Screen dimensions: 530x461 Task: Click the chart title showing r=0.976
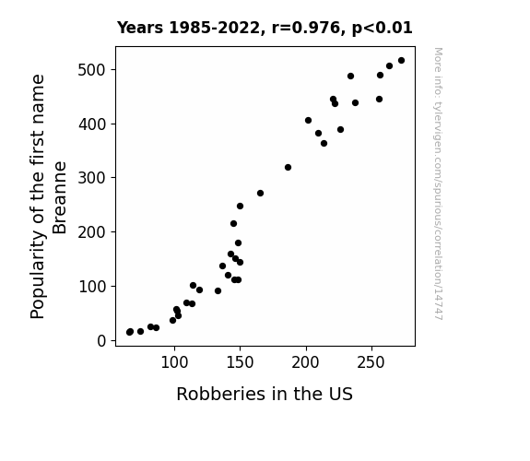point(265,28)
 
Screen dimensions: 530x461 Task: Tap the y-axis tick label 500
point(92,70)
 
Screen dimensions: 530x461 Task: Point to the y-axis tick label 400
point(92,124)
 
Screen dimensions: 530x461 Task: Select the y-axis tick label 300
point(92,178)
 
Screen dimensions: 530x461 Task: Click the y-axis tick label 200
point(92,232)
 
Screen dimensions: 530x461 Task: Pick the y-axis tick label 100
point(92,287)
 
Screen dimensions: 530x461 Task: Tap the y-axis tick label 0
point(101,341)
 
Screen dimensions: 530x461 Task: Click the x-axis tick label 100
point(174,362)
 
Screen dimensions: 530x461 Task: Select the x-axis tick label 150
point(240,362)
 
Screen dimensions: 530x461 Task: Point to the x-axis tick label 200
point(306,362)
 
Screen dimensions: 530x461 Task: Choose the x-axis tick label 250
point(371,362)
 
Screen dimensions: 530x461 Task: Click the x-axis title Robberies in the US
point(265,394)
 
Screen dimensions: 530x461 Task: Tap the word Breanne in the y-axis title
point(60,198)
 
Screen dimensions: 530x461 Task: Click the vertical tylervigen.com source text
point(438,183)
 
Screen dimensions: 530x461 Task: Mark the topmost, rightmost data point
point(401,61)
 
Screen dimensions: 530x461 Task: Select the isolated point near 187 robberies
point(288,168)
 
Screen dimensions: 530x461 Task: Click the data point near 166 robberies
point(260,193)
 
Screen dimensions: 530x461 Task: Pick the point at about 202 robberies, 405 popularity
point(308,121)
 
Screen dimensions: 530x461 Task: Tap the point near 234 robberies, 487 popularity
point(350,77)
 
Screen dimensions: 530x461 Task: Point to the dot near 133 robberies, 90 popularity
point(218,290)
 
